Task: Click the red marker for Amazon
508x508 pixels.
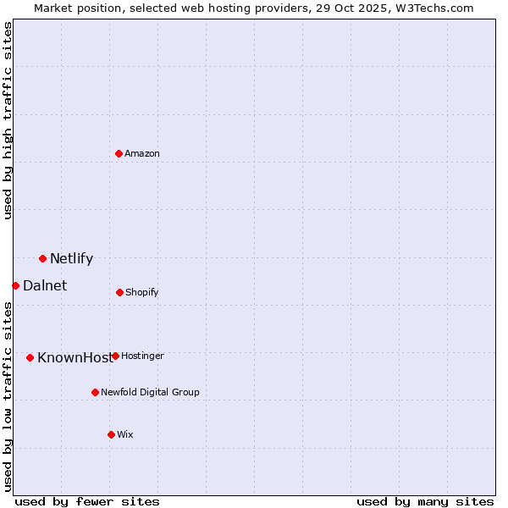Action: click(x=119, y=153)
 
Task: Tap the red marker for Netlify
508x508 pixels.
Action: click(x=42, y=258)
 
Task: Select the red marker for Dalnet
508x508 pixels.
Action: click(x=15, y=285)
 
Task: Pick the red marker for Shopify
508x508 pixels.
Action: click(x=119, y=292)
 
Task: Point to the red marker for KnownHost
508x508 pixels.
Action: click(x=30, y=357)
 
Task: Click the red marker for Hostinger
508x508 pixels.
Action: click(x=115, y=356)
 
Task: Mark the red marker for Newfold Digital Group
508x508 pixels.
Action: click(x=95, y=392)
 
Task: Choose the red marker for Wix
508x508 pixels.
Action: click(x=111, y=434)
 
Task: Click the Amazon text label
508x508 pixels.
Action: click(x=142, y=153)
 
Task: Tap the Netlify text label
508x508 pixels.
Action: click(x=71, y=258)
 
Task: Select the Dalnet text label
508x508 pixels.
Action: click(x=45, y=285)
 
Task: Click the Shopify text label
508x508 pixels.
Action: click(x=141, y=292)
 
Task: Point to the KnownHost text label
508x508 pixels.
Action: click(x=75, y=357)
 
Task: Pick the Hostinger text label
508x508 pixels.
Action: click(x=142, y=356)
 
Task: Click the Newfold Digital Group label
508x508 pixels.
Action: click(x=150, y=392)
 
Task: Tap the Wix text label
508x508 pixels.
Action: click(x=125, y=434)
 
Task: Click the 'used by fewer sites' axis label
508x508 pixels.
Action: click(x=87, y=501)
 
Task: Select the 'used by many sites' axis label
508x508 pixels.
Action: click(x=425, y=501)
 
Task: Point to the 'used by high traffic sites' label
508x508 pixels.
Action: click(x=8, y=120)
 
